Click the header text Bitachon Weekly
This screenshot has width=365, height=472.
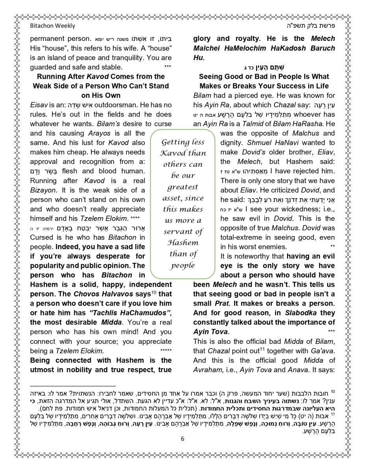[52, 26]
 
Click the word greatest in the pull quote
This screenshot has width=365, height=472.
[183, 187]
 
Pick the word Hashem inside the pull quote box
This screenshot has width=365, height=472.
[183, 243]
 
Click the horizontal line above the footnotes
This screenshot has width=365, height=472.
[73, 386]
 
